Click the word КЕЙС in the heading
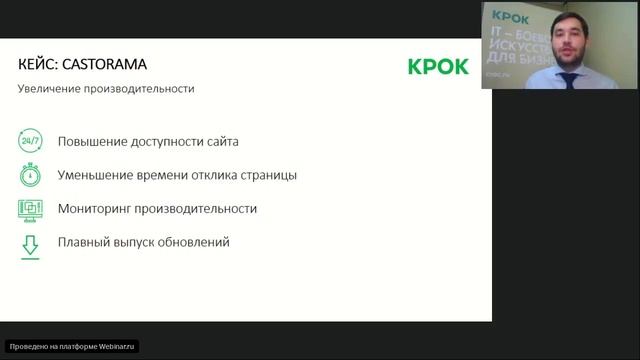tap(38, 65)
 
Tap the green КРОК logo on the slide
tap(438, 67)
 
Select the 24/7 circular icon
tap(30, 142)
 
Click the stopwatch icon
tap(30, 175)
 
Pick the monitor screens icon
tap(30, 209)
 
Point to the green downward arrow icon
tap(30, 243)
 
